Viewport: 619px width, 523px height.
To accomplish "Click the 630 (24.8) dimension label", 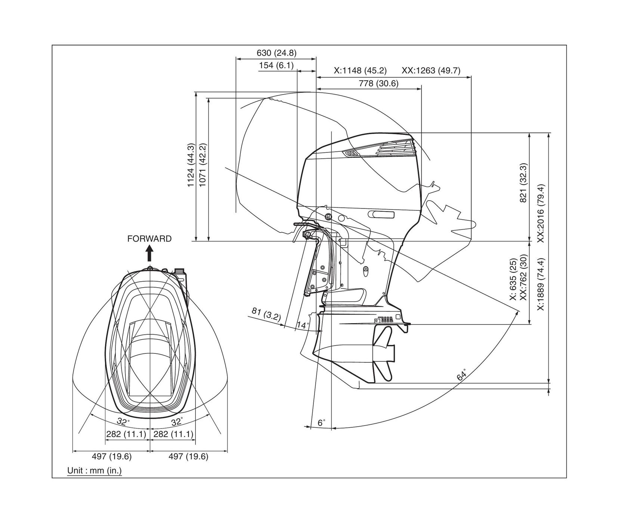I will tap(276, 53).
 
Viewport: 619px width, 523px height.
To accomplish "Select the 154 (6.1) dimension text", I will tap(276, 66).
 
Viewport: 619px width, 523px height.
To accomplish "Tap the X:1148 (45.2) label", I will tap(360, 71).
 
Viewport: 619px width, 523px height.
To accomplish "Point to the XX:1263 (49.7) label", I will tap(431, 71).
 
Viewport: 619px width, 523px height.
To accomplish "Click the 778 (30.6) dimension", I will tap(378, 84).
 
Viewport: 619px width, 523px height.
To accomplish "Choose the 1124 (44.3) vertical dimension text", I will tap(191, 165).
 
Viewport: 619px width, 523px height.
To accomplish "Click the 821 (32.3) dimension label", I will tap(523, 183).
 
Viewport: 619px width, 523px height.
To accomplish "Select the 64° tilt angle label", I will tap(462, 375).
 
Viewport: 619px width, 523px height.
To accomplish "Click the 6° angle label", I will tap(321, 423).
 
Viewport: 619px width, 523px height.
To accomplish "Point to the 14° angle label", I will tap(303, 325).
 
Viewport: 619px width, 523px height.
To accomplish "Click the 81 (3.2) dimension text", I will tap(266, 314).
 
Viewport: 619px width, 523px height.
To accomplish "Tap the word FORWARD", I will tap(149, 239).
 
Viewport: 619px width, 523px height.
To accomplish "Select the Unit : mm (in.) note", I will tap(95, 471).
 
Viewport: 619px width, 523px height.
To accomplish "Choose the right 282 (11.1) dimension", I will tap(174, 434).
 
